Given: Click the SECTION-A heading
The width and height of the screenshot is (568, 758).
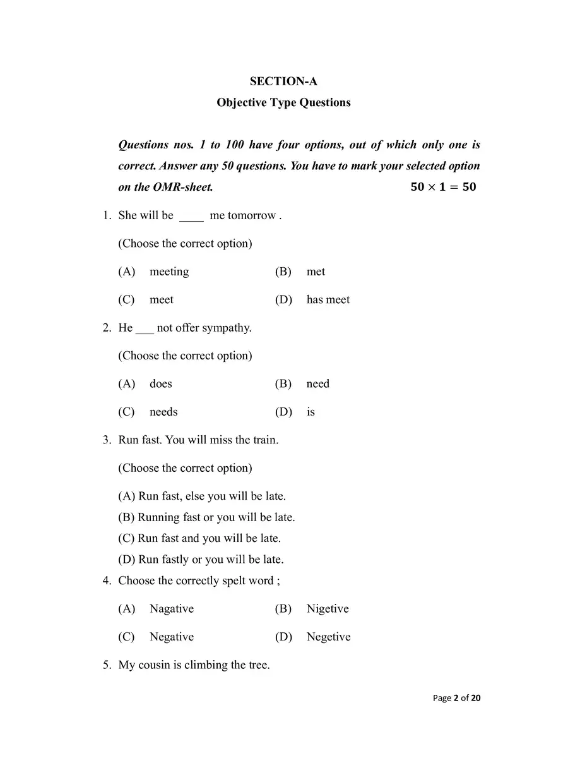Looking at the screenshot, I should click(x=283, y=81).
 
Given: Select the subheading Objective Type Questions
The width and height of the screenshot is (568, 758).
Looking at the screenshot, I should click(x=283, y=102).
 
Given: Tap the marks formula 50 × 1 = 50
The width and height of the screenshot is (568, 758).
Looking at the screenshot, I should click(x=443, y=187).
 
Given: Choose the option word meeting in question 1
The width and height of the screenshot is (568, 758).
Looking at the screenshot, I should click(x=169, y=272).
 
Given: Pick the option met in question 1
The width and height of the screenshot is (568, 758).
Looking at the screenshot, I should click(x=316, y=272).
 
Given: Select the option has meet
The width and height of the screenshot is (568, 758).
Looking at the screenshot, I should click(x=328, y=300).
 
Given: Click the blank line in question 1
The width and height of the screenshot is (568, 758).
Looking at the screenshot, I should click(x=191, y=217).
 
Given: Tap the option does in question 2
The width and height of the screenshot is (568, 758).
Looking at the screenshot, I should click(x=160, y=384).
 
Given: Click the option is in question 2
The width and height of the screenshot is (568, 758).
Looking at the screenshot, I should click(x=311, y=412).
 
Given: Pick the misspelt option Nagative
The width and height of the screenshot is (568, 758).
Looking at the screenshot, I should click(x=171, y=609).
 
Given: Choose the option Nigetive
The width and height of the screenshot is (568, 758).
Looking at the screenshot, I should click(x=327, y=609).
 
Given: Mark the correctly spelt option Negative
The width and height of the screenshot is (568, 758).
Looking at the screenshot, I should click(x=171, y=637).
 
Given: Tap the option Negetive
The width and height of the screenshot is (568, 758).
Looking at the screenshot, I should click(x=328, y=637).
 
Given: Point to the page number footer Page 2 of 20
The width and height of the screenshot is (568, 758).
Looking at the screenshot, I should click(x=457, y=698).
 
